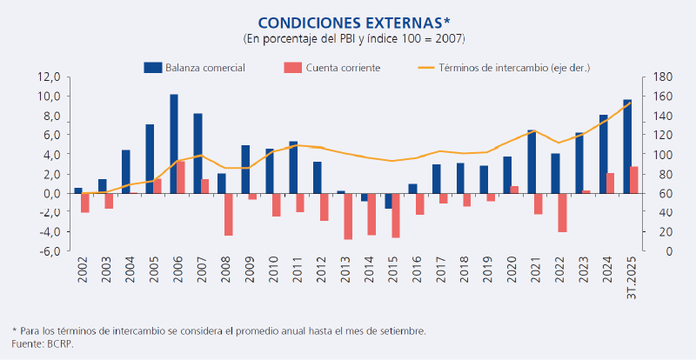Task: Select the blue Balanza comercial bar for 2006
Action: pos(174,143)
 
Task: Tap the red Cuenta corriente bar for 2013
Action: pos(348,216)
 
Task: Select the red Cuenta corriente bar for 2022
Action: pos(563,212)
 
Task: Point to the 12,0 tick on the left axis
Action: pos(48,77)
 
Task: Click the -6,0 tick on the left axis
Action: pos(48,251)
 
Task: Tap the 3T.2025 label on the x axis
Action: pos(632,275)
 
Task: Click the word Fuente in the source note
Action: pos(27,343)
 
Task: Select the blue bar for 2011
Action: pos(293,167)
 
